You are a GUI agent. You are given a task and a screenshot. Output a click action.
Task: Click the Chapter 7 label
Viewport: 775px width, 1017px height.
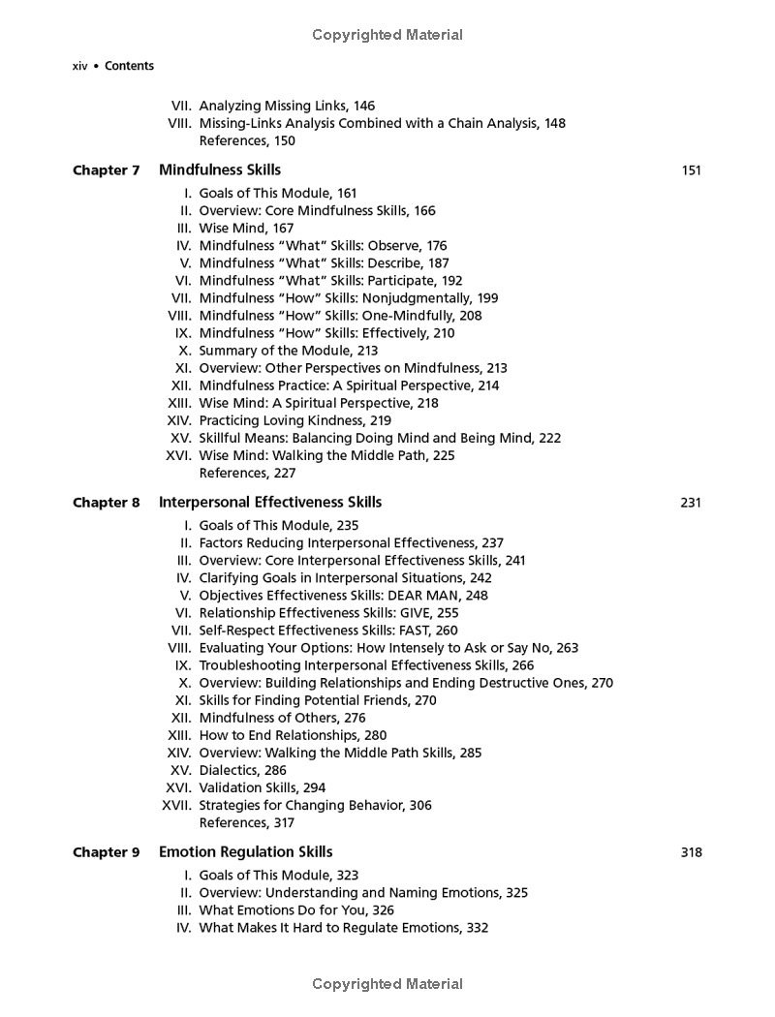[x=107, y=170]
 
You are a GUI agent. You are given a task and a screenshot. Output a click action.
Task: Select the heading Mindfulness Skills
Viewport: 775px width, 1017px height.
[x=220, y=170]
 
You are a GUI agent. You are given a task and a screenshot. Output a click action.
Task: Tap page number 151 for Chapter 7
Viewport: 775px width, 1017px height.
[x=691, y=171]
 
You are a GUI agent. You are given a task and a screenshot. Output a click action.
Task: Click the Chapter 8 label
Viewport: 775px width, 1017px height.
[x=107, y=503]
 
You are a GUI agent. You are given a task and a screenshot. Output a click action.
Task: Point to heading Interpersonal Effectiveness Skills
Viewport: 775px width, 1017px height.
[x=270, y=503]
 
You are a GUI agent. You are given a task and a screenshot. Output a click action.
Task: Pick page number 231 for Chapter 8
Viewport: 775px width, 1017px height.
[x=691, y=504]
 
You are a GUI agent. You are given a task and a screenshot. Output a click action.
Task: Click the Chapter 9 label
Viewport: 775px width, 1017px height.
[x=107, y=852]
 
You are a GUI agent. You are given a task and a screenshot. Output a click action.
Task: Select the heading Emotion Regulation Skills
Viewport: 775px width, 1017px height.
[x=246, y=852]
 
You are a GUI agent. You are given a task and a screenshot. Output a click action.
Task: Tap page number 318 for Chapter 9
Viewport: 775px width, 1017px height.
[x=691, y=853]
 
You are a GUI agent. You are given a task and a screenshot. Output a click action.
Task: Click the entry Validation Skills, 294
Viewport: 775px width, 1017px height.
[x=263, y=787]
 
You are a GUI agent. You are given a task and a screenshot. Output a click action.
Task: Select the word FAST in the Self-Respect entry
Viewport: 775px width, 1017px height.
[x=413, y=631]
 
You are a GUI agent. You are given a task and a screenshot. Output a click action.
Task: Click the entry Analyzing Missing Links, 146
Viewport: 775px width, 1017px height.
[x=287, y=106]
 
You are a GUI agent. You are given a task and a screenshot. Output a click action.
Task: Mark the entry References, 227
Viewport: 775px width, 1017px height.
[x=247, y=473]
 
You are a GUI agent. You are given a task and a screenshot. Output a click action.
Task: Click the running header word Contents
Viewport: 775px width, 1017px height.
[x=129, y=66]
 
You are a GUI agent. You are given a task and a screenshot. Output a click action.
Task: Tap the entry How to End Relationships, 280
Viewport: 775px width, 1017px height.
[x=293, y=735]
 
